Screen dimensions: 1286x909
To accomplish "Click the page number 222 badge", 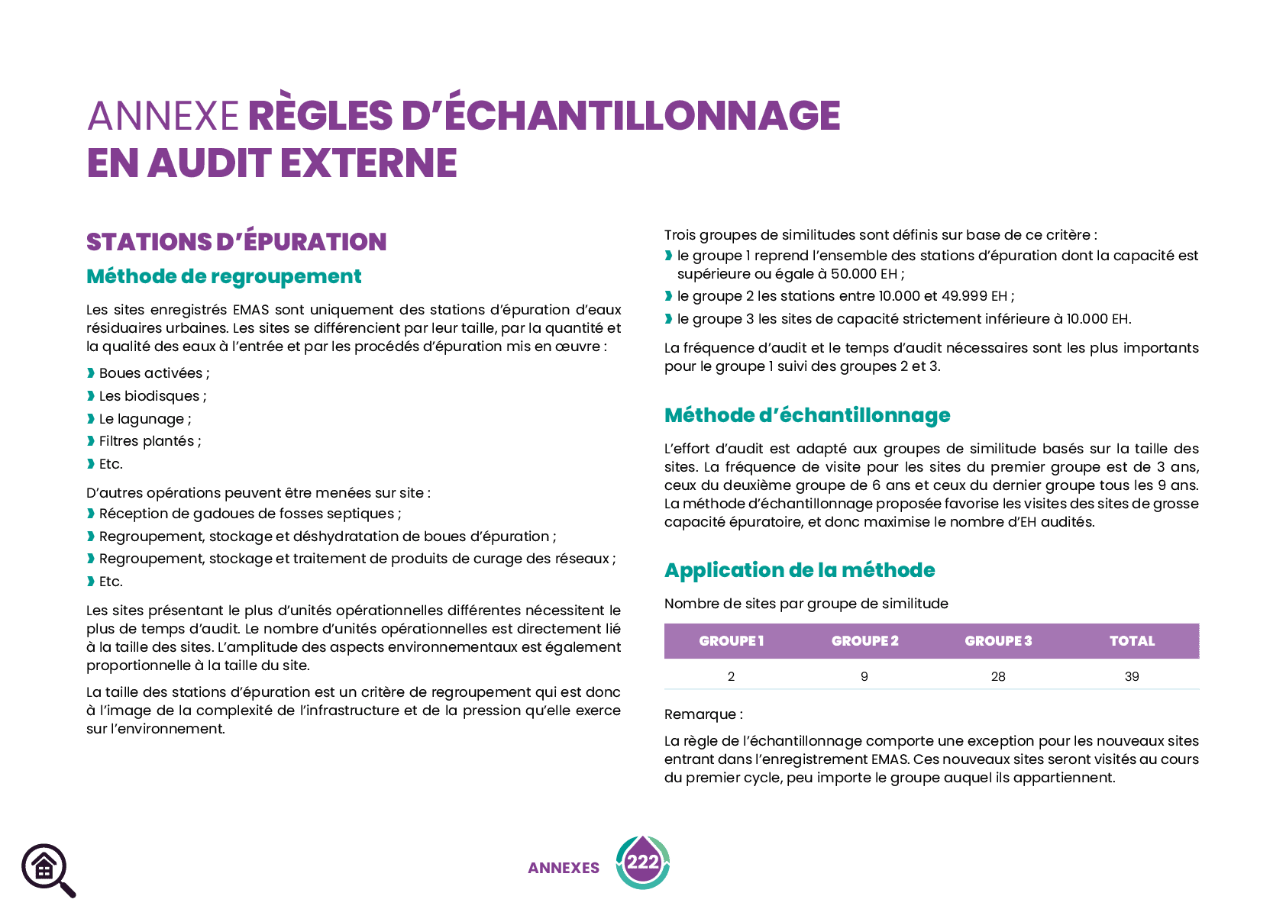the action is [x=642, y=862].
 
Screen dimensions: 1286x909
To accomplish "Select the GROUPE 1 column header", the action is [x=731, y=641].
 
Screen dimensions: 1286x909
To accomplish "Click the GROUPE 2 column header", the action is [x=864, y=641].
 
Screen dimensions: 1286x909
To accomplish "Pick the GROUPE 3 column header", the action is [x=998, y=641].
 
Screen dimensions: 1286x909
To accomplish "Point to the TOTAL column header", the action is [x=1132, y=641].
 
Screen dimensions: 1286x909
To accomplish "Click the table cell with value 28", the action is [x=998, y=676].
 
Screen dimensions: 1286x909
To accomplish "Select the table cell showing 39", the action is [x=1132, y=676].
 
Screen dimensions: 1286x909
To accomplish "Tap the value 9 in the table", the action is [x=864, y=676].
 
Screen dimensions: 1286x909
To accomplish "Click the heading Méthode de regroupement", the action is [x=224, y=276].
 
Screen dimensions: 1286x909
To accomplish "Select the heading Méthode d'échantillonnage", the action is [x=807, y=415].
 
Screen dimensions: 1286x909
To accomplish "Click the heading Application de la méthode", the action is [x=800, y=570].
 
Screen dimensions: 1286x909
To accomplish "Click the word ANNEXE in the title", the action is [x=163, y=116].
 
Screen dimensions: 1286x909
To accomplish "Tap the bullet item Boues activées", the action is [x=153, y=373].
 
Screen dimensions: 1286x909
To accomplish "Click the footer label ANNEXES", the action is [x=564, y=869].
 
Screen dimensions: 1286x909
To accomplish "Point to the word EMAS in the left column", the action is [x=251, y=310].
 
